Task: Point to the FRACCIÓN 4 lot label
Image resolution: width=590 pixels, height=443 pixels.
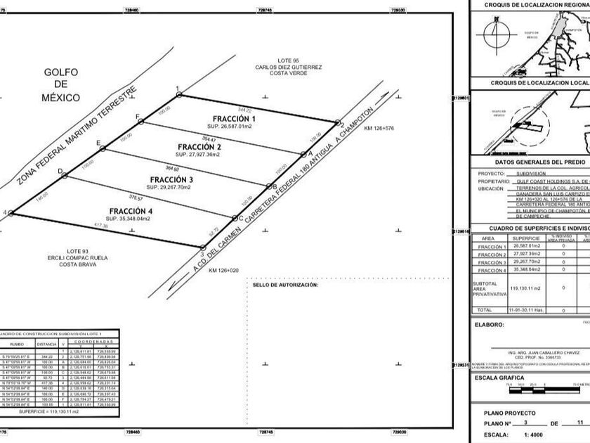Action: click(x=131, y=211)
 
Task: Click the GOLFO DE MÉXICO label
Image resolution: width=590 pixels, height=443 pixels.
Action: click(x=62, y=84)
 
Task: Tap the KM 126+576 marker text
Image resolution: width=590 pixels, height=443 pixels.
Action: click(x=379, y=129)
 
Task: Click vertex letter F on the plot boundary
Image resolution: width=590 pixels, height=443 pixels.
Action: click(x=137, y=115)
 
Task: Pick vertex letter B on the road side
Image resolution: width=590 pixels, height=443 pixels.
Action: click(x=274, y=186)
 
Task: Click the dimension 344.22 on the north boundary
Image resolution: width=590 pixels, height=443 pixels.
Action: click(x=244, y=110)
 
